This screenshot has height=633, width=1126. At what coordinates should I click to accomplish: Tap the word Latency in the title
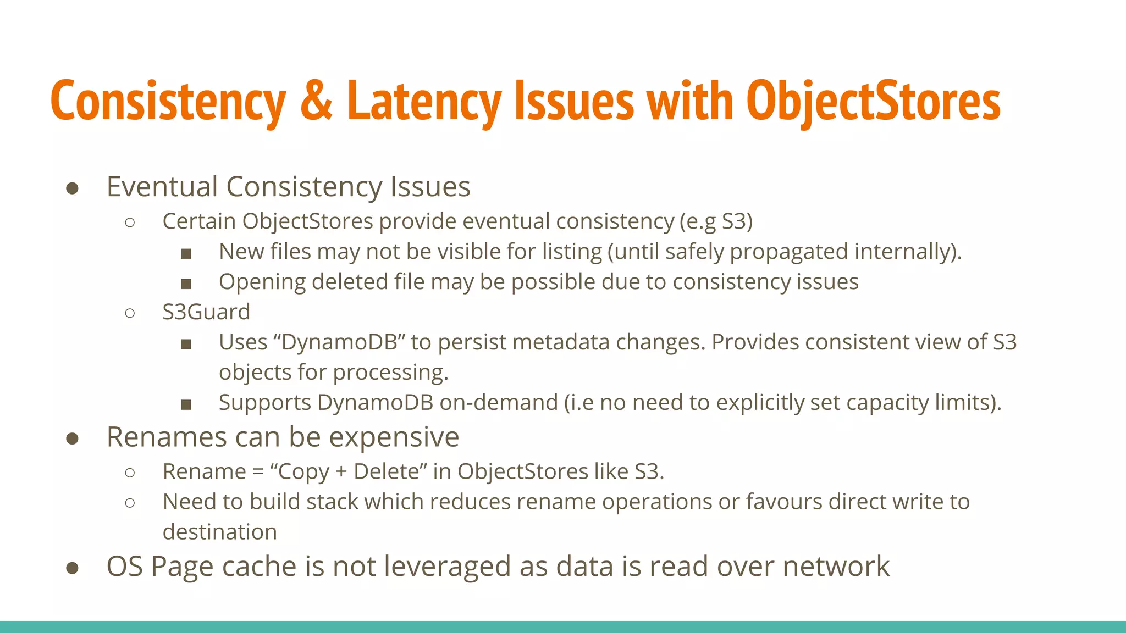(423, 102)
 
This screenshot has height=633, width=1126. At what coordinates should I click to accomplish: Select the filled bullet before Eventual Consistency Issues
(72, 188)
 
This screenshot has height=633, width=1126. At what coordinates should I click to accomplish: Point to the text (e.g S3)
(716, 221)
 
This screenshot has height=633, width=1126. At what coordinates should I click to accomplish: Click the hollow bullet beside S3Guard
(130, 313)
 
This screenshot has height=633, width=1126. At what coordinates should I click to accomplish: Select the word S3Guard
(206, 312)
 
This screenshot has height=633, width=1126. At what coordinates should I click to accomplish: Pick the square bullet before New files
(186, 253)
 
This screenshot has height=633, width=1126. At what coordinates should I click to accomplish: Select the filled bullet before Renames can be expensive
(72, 439)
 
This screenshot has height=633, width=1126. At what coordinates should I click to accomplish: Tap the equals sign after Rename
(258, 472)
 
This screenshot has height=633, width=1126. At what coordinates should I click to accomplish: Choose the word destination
(220, 532)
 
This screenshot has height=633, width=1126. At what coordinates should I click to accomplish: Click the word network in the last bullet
(836, 567)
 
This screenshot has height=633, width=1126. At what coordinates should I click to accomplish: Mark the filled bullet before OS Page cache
(72, 568)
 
